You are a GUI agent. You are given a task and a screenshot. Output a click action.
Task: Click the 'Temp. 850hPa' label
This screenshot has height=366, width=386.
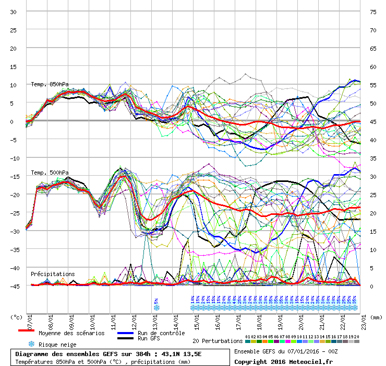point(50,84)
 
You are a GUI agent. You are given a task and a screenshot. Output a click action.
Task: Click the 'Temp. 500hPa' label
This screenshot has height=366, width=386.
point(50,173)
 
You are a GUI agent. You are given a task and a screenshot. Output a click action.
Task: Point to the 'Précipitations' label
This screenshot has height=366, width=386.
point(52,274)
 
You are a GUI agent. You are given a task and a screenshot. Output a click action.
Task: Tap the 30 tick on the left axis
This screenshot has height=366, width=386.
point(14,12)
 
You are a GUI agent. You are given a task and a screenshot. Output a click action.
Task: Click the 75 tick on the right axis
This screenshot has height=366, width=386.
point(373,12)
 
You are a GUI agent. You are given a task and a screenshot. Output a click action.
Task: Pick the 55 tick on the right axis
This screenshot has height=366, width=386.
point(373,85)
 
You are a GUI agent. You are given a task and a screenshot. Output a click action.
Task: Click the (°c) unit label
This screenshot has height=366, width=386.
point(17,316)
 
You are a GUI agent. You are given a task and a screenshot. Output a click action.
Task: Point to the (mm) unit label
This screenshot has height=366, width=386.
point(377,316)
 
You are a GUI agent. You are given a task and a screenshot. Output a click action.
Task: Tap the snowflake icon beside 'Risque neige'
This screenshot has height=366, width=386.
point(31,344)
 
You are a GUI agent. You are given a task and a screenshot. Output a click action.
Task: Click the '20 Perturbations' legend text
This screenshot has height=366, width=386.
point(218,341)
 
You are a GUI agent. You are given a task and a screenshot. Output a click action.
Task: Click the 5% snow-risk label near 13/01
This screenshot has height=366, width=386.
point(156,301)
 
